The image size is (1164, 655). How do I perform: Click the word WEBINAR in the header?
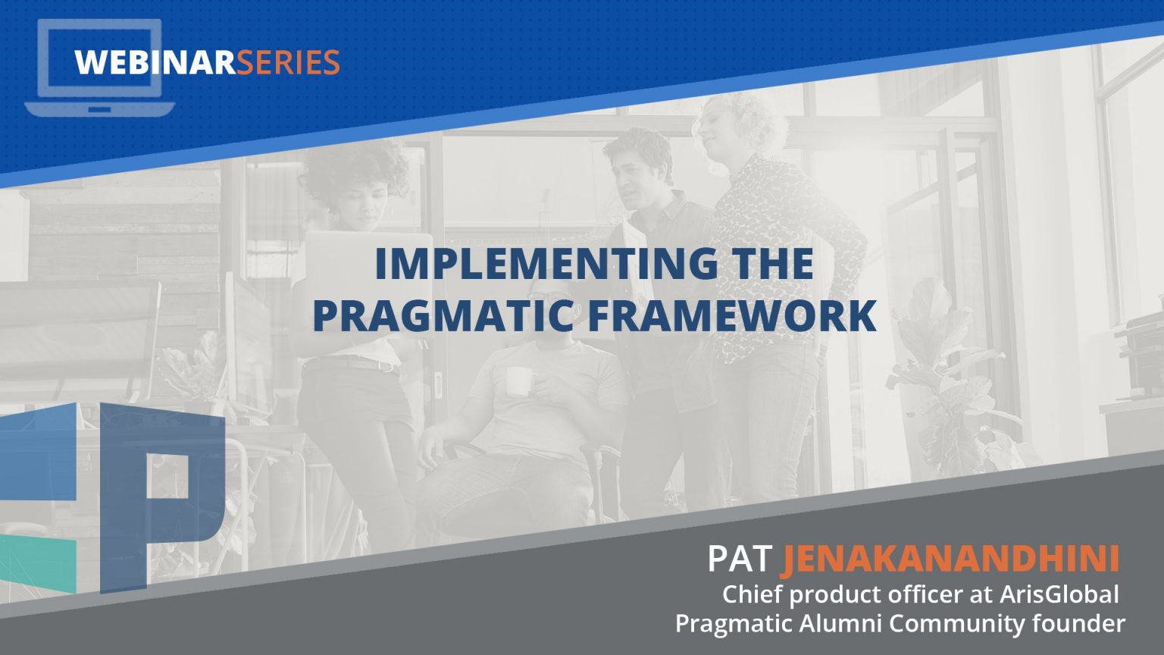point(155,62)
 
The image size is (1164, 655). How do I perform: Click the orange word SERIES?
point(289,62)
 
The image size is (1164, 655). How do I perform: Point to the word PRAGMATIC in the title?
point(442,316)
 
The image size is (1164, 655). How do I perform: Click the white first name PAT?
point(739,559)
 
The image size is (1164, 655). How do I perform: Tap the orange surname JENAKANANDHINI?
point(950,559)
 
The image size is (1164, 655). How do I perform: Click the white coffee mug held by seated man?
point(518,381)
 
